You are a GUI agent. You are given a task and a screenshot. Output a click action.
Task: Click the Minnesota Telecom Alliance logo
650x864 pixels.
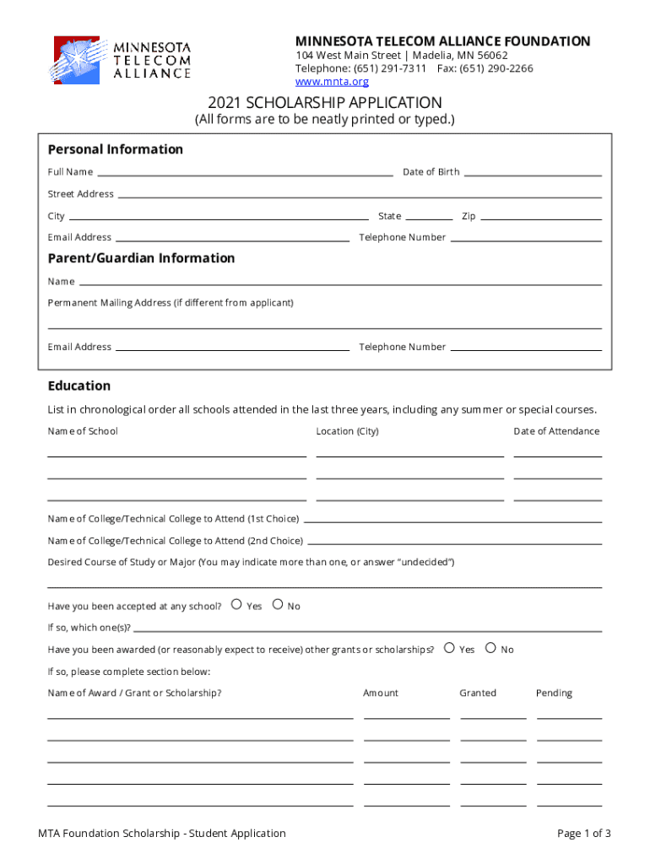point(122,60)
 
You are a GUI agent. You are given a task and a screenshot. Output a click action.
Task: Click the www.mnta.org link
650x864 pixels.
point(332,82)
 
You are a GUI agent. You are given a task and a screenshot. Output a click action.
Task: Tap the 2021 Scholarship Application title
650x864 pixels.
point(325,102)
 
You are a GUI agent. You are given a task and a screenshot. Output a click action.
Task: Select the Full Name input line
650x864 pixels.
point(245,174)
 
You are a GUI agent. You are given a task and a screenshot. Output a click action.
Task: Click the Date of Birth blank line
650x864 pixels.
point(533,174)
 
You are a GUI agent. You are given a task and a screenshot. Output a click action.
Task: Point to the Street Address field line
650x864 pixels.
point(359,196)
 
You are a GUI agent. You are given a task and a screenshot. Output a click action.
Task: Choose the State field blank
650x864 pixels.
point(429,218)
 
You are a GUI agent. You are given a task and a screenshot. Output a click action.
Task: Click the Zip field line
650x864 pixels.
point(540,218)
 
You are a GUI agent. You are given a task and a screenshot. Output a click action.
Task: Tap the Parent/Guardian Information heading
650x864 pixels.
point(141,258)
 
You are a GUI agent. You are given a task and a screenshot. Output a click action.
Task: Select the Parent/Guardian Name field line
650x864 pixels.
point(339,283)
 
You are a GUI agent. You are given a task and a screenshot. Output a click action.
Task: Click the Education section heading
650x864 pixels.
point(79,386)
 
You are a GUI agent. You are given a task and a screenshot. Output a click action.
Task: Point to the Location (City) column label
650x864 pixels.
point(347,431)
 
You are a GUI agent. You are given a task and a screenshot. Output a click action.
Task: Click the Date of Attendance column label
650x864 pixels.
point(556,431)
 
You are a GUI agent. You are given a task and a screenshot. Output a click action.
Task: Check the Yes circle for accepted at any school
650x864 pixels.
point(236,604)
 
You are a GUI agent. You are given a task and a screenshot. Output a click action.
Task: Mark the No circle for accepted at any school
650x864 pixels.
point(278,604)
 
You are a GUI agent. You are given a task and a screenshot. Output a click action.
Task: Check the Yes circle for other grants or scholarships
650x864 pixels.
point(449,648)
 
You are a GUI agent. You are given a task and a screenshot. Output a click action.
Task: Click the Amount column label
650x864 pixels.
point(381,693)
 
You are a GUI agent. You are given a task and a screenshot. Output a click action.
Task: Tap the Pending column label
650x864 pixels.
point(554,693)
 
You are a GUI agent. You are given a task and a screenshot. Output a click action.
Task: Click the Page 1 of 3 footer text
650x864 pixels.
point(583,834)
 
